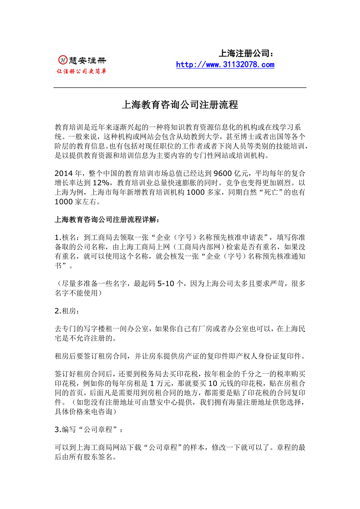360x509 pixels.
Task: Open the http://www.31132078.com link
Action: (225, 65)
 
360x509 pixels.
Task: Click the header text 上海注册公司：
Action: (245, 53)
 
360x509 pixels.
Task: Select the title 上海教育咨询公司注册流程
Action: (180, 105)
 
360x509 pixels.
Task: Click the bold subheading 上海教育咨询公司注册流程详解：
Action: (107, 220)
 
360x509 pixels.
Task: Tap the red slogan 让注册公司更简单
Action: (82, 71)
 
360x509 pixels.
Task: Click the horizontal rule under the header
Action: (180, 88)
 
